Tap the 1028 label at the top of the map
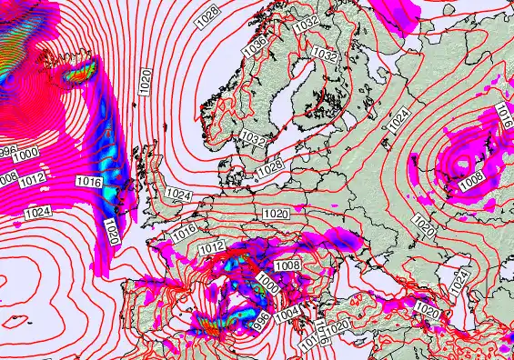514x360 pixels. (x=208, y=13)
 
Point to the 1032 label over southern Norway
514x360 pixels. (x=254, y=139)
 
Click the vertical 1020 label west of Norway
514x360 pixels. (x=146, y=81)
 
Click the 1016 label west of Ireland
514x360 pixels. (x=88, y=182)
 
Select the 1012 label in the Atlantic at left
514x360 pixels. (x=32, y=178)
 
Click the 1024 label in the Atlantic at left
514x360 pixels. (x=37, y=212)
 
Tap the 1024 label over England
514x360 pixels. (x=179, y=195)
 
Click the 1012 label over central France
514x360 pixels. (x=211, y=247)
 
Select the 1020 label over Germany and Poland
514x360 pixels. (x=276, y=214)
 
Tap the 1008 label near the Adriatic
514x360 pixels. (x=288, y=265)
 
